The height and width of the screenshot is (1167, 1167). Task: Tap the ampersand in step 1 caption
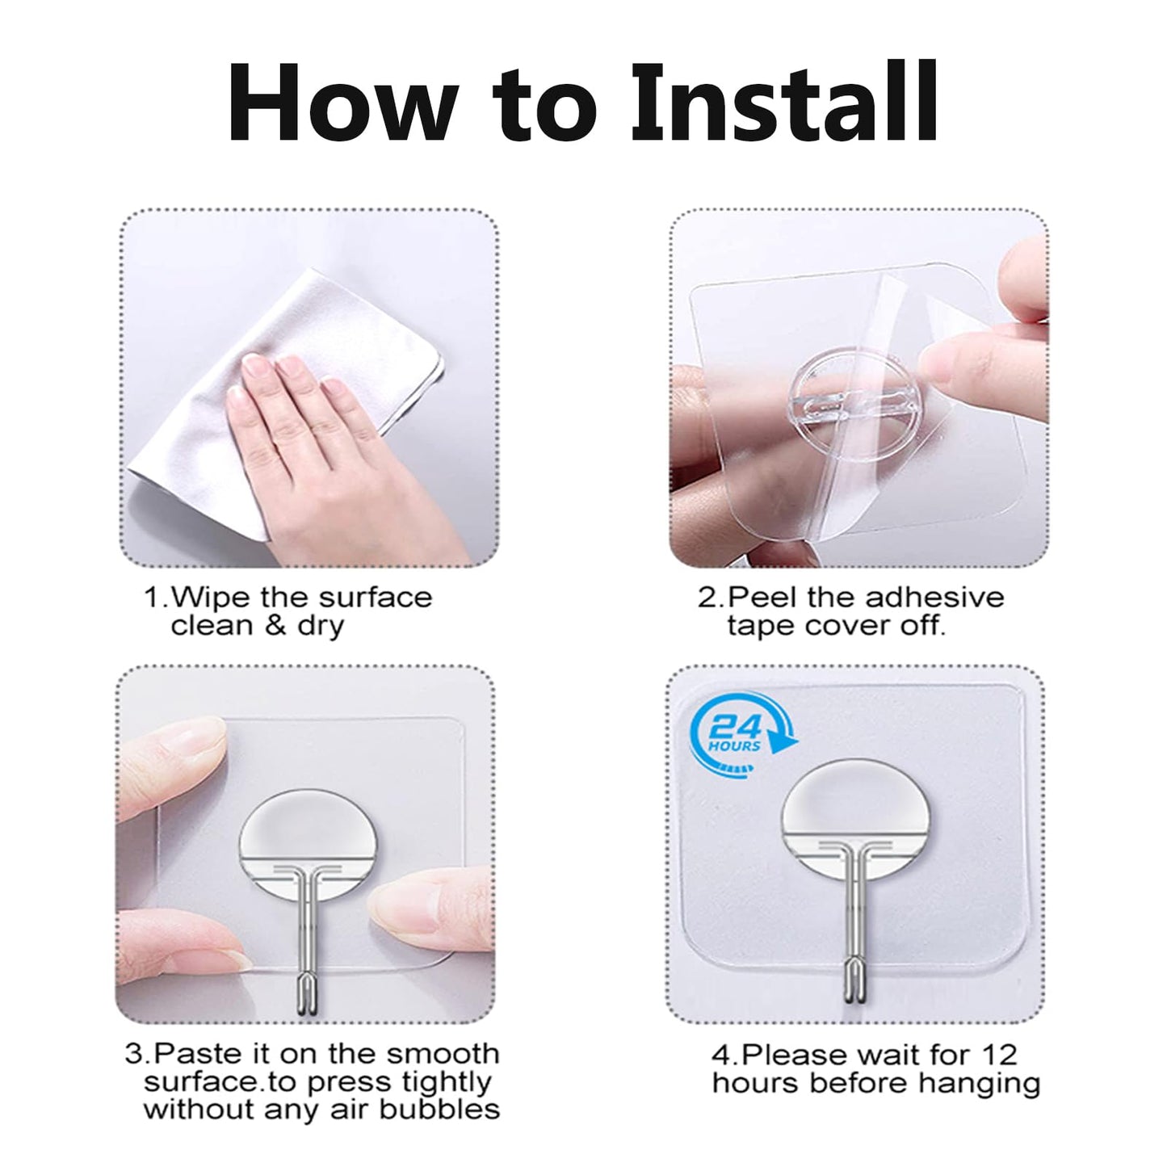pyautogui.click(x=276, y=625)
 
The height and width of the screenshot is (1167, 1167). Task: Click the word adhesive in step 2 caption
pyautogui.click(x=934, y=598)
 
